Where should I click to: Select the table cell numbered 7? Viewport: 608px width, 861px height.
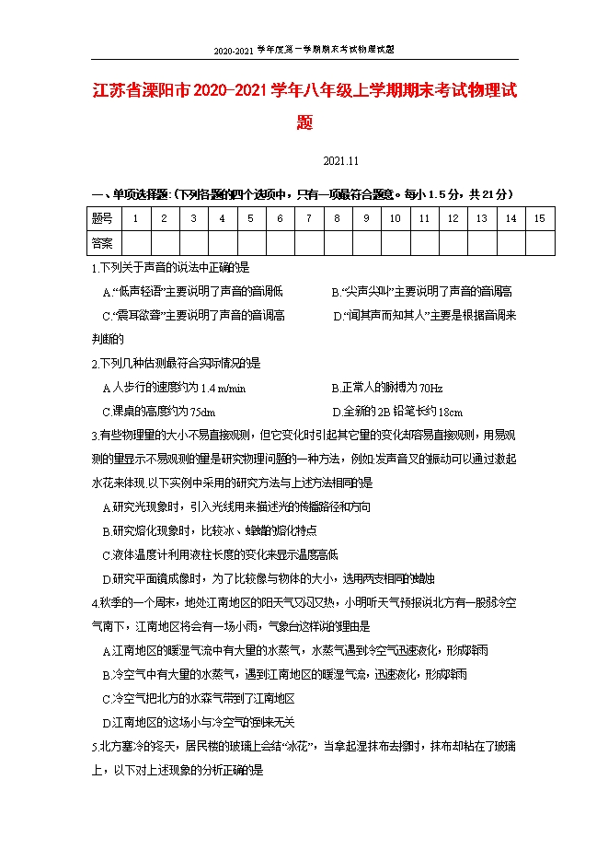point(308,218)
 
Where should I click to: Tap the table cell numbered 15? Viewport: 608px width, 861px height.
point(539,218)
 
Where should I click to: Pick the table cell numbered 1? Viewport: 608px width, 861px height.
point(135,218)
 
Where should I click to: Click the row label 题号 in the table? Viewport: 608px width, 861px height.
point(102,218)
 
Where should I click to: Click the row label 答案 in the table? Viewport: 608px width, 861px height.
point(102,242)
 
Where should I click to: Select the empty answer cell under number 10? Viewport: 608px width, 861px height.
point(395,242)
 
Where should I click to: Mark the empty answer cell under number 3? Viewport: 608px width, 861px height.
point(193,242)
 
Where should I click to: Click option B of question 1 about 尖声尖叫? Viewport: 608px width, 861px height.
point(421,291)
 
